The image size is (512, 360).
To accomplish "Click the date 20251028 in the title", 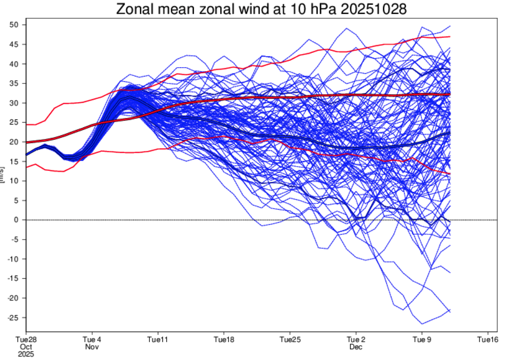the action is [x=374, y=9].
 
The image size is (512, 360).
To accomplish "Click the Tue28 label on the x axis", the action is [x=26, y=340].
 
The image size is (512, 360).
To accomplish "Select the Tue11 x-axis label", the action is [x=158, y=340].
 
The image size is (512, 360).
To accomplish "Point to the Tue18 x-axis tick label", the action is [x=224, y=340].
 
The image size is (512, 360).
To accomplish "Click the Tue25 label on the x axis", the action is [x=290, y=340].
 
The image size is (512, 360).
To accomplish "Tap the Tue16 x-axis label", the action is [x=488, y=340].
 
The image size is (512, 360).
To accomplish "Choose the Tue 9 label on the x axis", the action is [x=422, y=340].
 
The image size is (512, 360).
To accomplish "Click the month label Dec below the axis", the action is [x=356, y=347].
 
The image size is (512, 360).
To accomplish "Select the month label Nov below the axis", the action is [x=92, y=347].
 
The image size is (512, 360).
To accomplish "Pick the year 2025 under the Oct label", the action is [x=26, y=354].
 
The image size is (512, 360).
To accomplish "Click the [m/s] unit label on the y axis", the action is [x=3, y=174].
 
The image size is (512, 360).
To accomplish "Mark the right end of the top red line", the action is [x=450, y=37].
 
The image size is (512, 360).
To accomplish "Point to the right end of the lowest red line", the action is [x=450, y=173].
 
